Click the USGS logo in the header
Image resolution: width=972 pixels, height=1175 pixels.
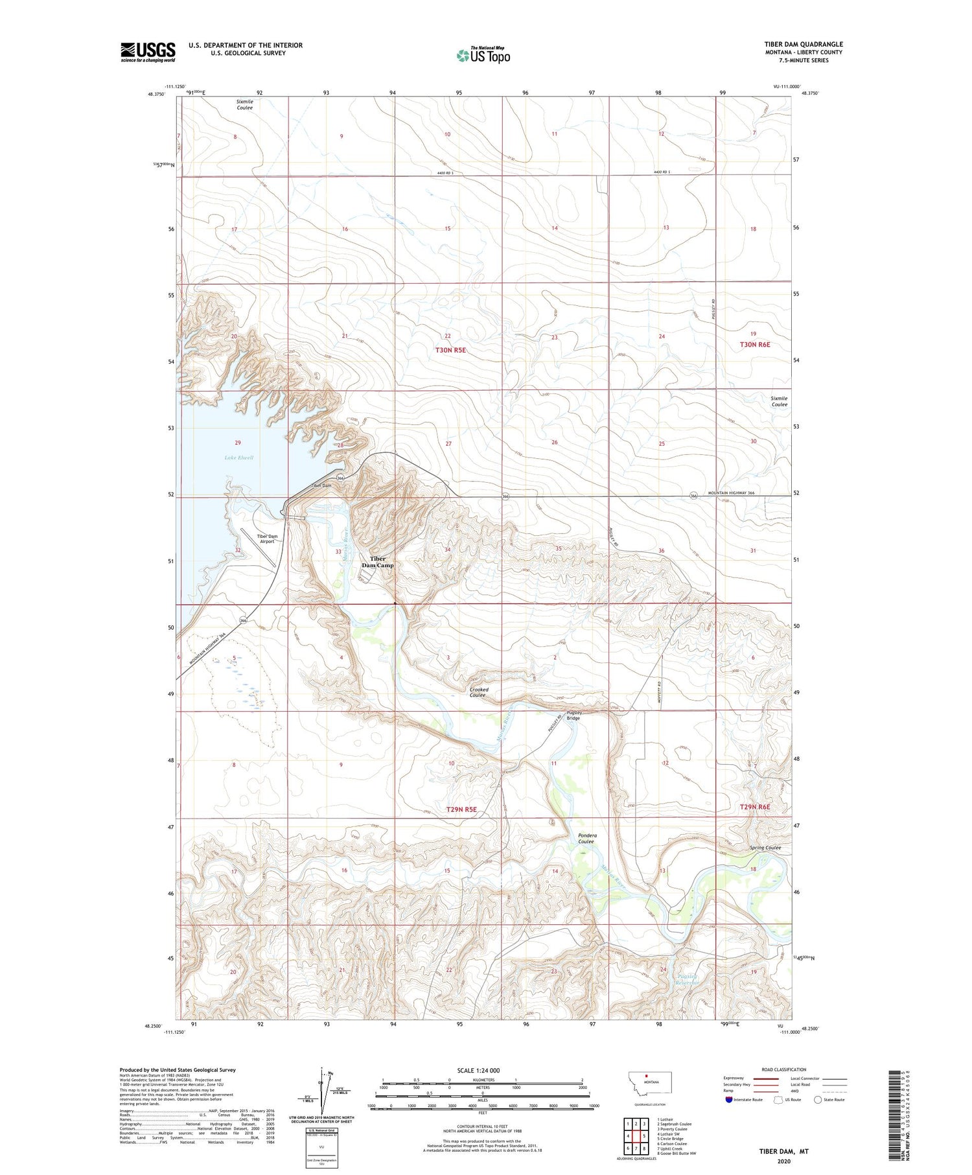pyautogui.click(x=148, y=52)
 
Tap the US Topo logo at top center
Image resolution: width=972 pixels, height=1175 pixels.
pyautogui.click(x=483, y=55)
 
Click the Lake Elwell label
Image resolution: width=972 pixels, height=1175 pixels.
pyautogui.click(x=238, y=458)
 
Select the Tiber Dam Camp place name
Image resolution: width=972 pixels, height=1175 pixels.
pyautogui.click(x=378, y=562)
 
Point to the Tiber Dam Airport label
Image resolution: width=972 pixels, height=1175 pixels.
pyautogui.click(x=267, y=539)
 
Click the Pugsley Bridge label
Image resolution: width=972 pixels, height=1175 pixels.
pyautogui.click(x=573, y=715)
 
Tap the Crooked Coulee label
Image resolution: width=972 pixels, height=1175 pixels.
pyautogui.click(x=479, y=692)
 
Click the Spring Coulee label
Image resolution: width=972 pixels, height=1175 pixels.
pyautogui.click(x=765, y=848)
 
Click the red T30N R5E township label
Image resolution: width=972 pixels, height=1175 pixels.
pyautogui.click(x=450, y=350)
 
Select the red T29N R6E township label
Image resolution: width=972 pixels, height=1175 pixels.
pyautogui.click(x=755, y=807)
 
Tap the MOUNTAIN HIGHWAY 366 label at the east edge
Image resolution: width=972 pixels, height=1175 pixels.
pyautogui.click(x=728, y=493)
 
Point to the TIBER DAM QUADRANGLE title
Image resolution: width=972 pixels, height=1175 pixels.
pyautogui.click(x=804, y=44)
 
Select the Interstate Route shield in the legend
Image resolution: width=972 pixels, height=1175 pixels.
pyautogui.click(x=728, y=1100)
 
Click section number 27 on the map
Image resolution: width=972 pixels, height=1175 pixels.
pyautogui.click(x=448, y=444)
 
